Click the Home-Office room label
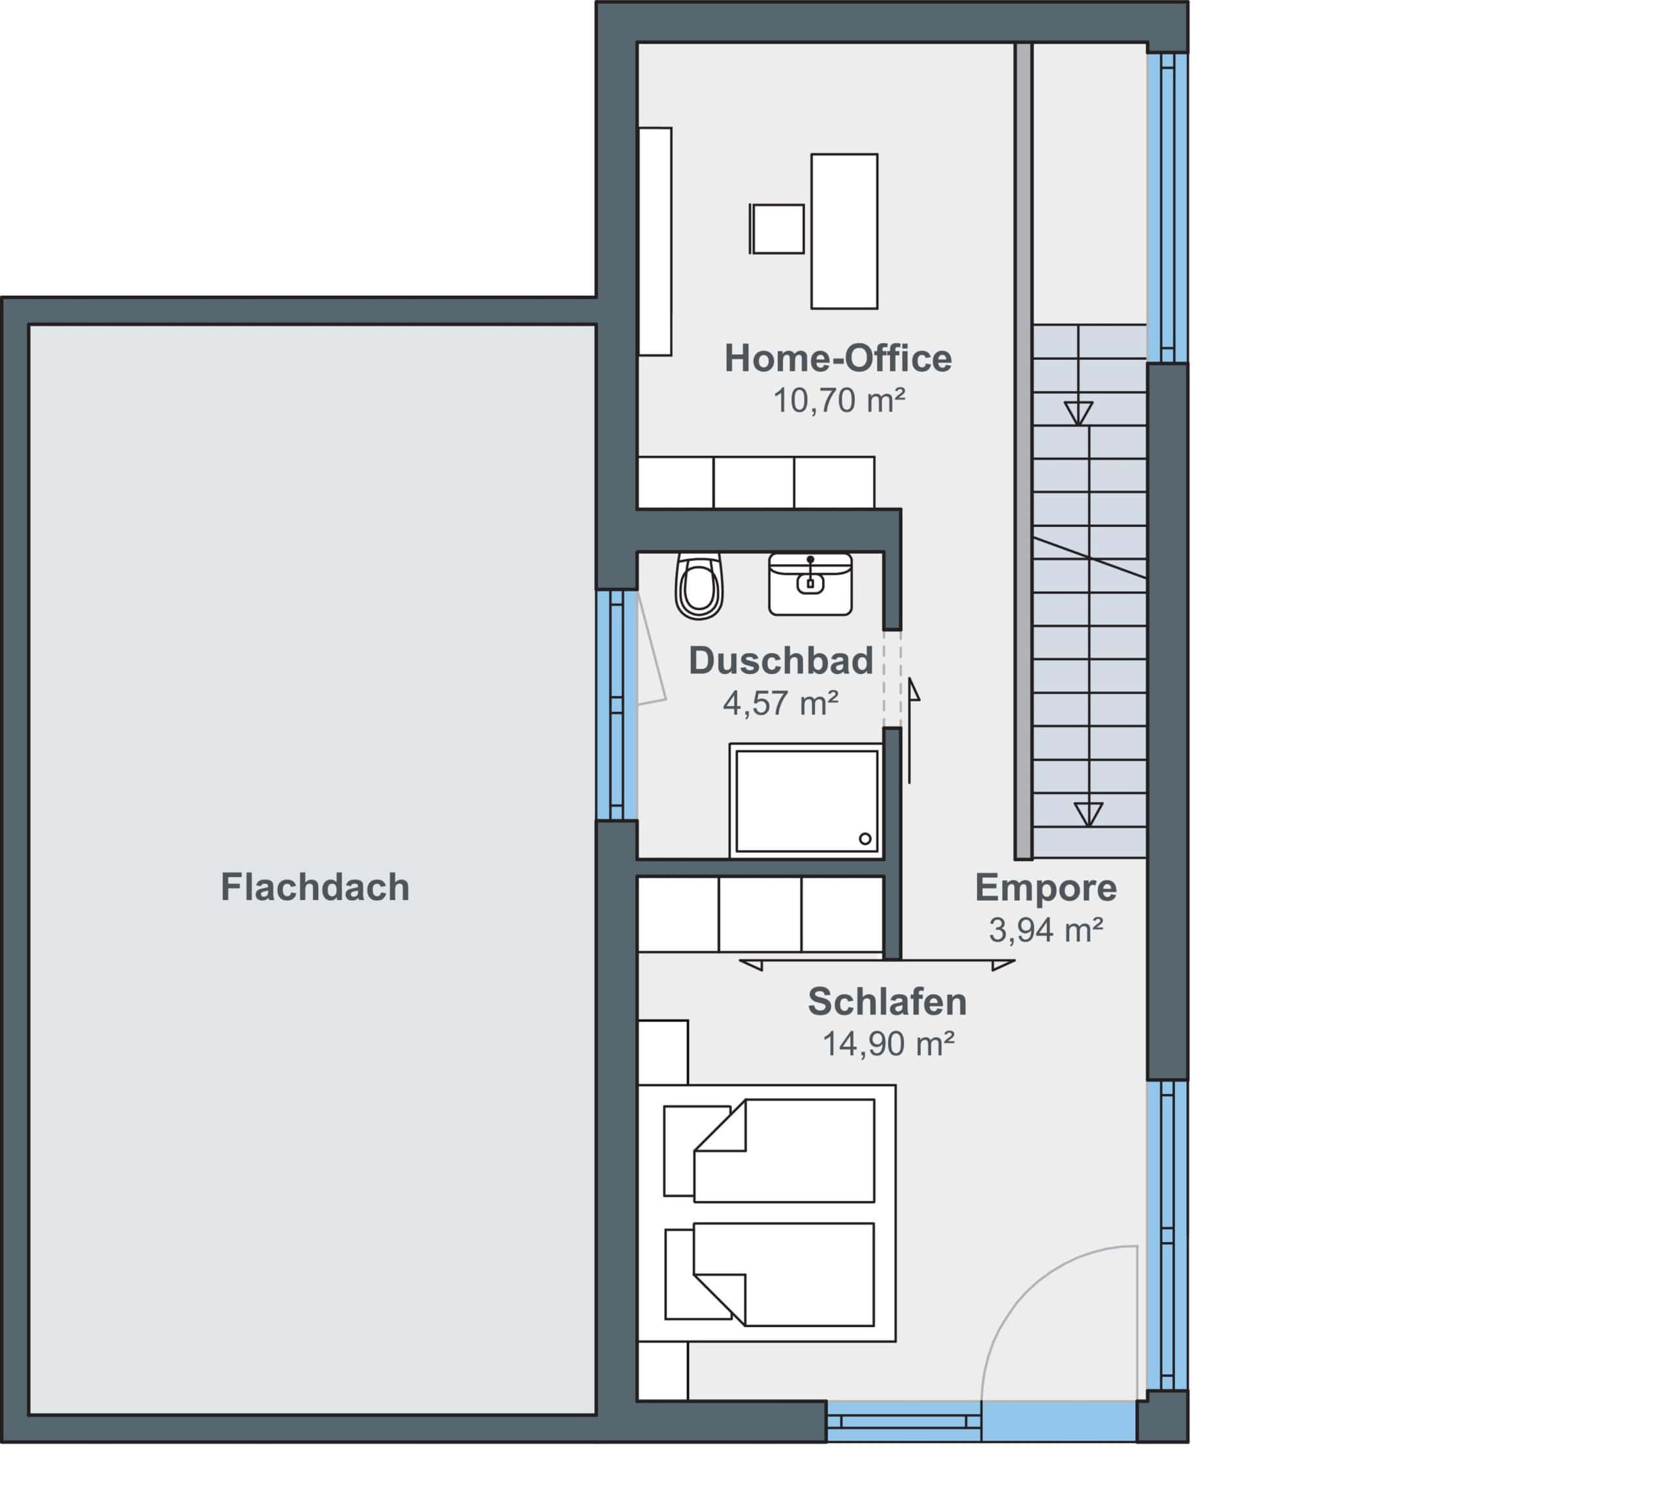[838, 359]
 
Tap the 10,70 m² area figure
[839, 400]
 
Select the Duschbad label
[780, 661]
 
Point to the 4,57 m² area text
[780, 703]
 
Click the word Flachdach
[315, 888]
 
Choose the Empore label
[1045, 888]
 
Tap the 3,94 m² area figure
[1046, 930]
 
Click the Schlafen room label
[887, 1002]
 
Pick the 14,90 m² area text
[889, 1044]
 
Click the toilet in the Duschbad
[699, 586]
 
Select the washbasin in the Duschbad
[810, 584]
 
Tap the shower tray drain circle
[865, 839]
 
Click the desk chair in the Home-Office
[776, 229]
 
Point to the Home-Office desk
[844, 231]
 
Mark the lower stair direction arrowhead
[1089, 814]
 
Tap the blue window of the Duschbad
[616, 705]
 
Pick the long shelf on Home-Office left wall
[655, 242]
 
